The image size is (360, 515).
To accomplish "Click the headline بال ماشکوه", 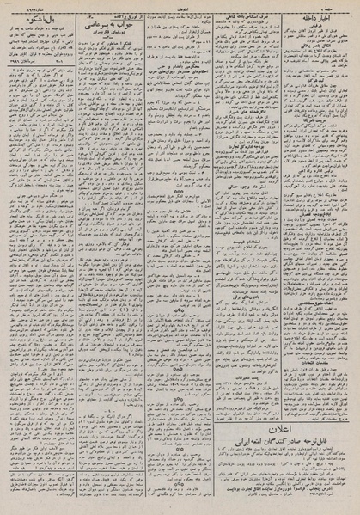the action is coord(40,16).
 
